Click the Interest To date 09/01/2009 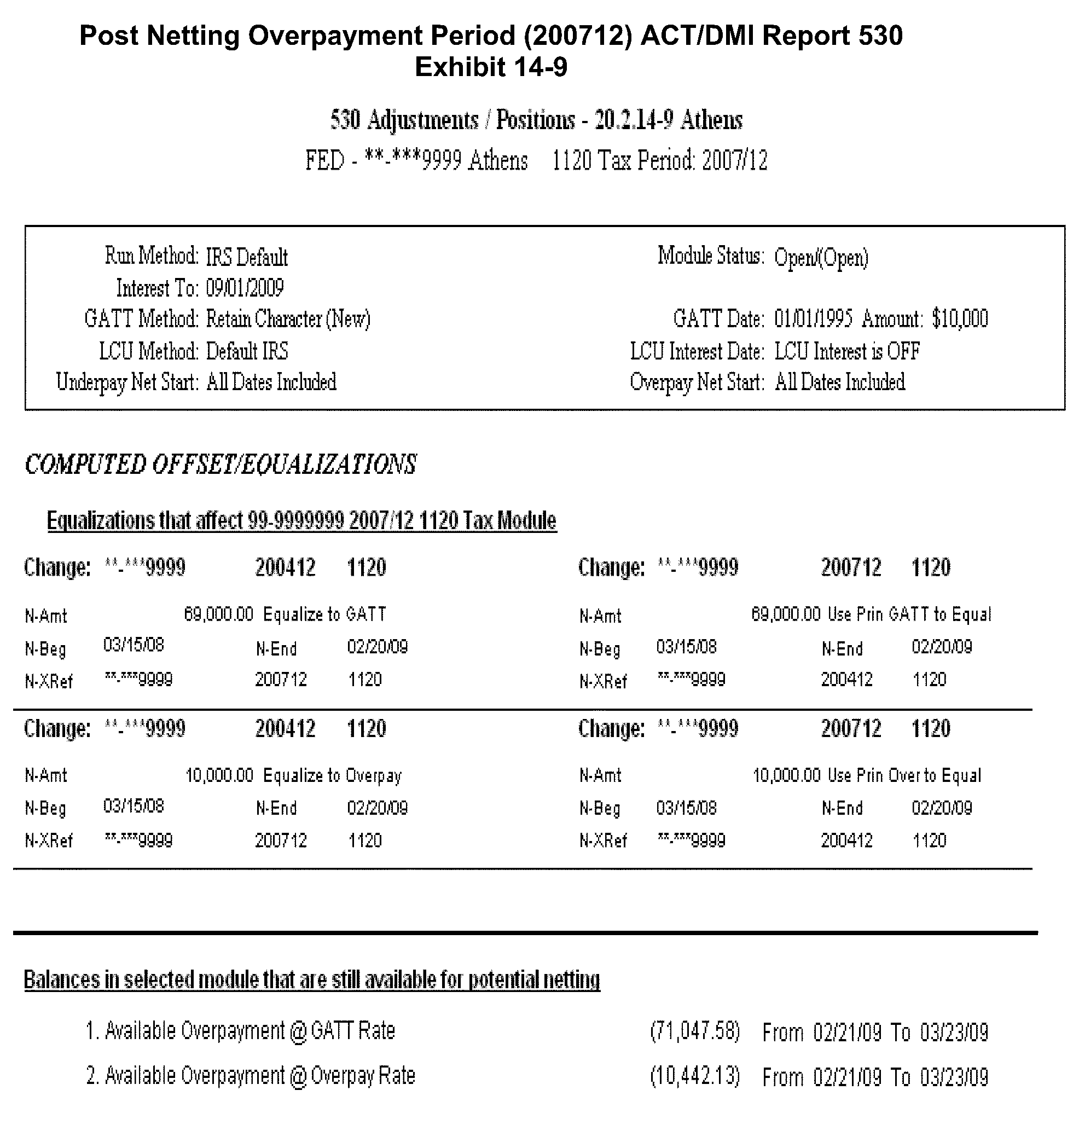click(245, 288)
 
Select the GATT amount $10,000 click(960, 319)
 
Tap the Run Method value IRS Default click(247, 257)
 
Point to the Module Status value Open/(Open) click(821, 258)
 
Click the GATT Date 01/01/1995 click(813, 319)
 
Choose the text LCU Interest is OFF click(847, 351)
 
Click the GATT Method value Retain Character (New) click(288, 319)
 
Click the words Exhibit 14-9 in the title click(491, 67)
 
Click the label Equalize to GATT click(324, 614)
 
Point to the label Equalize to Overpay click(332, 776)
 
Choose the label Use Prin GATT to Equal click(909, 614)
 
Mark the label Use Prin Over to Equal click(904, 776)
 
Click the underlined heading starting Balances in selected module click(312, 980)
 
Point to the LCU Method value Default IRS click(247, 351)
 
